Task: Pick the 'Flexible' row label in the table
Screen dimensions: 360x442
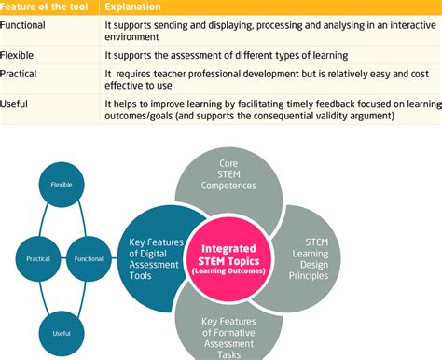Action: [x=20, y=56]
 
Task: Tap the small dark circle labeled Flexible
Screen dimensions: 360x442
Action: [x=62, y=185]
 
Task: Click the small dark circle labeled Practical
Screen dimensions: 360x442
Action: [x=37, y=258]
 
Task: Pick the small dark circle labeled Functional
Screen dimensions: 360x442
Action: [x=89, y=258]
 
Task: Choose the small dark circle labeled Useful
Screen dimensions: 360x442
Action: [x=62, y=332]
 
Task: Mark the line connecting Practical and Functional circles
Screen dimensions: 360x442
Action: [x=62, y=258]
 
